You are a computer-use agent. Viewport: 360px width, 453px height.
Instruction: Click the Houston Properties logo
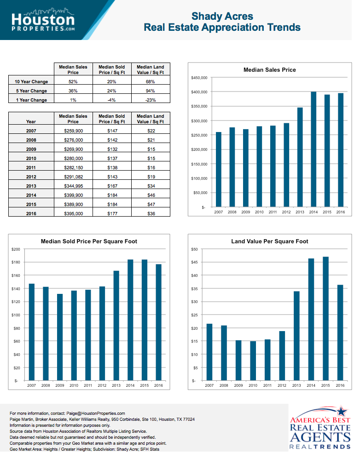pos(43,20)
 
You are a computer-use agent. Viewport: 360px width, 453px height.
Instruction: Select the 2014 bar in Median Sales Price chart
pos(314,149)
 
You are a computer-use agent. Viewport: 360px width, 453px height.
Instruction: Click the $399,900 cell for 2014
pos(73,195)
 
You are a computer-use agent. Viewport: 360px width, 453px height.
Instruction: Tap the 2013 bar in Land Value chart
pos(297,336)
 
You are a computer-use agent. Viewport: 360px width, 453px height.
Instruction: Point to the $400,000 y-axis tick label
pos(199,92)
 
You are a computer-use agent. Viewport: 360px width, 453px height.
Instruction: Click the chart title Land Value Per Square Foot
pos(269,241)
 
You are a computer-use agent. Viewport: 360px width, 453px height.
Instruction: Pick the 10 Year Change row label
pos(31,82)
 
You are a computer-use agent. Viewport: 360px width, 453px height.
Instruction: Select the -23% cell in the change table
pos(151,100)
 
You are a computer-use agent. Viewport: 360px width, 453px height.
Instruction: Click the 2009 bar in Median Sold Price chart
pos(60,337)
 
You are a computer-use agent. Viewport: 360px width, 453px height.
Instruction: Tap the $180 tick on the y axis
pos(16,262)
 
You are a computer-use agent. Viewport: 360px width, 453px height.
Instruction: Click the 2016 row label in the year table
pos(31,213)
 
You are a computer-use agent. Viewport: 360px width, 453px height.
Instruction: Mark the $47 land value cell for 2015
pos(151,204)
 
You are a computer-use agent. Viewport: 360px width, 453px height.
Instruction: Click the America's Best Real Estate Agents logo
pos(320,428)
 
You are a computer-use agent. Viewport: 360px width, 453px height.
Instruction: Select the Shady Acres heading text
pos(222,17)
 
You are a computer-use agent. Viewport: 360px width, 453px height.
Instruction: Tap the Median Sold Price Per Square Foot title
pos(89,241)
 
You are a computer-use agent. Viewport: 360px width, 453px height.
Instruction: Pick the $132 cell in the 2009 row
pos(112,149)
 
